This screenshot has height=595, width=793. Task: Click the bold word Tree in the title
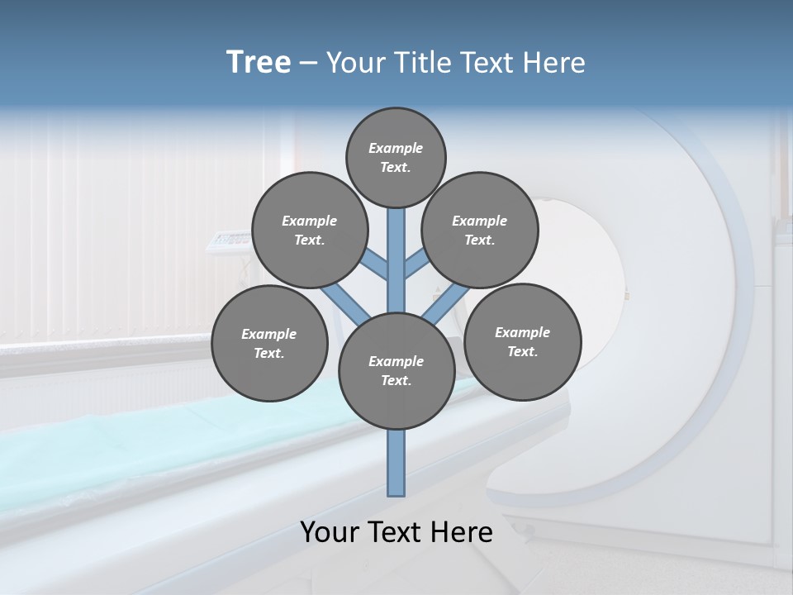pos(259,62)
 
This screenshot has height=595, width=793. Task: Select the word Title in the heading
pos(420,63)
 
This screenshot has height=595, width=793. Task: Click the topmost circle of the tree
pos(396,157)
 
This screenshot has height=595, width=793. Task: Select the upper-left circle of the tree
pos(310,231)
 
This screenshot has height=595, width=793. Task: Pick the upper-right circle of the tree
pos(480,231)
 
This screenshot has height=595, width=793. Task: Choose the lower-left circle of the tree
pos(269,344)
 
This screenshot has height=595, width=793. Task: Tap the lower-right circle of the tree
pos(522,341)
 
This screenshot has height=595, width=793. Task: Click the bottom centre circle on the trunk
pos(396,371)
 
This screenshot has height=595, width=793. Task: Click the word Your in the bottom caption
pos(330,532)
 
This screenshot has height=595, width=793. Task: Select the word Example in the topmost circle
pos(396,148)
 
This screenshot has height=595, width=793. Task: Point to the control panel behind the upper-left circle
pos(227,240)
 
